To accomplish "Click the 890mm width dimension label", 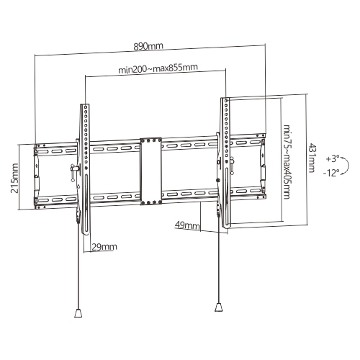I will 150,46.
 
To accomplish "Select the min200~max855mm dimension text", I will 158,69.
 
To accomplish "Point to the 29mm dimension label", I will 104,247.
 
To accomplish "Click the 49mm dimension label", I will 187,225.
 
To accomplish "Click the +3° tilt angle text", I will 332,157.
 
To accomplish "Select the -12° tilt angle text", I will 332,172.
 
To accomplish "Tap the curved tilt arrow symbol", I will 346,165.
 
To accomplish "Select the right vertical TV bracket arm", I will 225,162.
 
